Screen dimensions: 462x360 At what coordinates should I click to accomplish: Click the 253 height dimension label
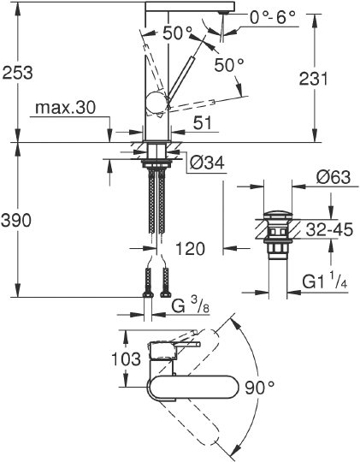click(x=18, y=73)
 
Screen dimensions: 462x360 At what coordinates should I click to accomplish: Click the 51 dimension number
click(x=201, y=124)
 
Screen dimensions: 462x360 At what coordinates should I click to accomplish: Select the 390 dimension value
click(x=18, y=221)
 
